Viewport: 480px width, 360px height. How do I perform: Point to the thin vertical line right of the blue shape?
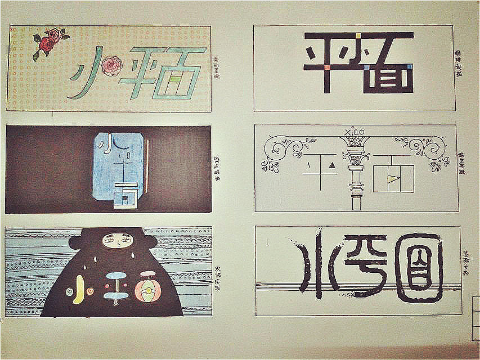click(148, 160)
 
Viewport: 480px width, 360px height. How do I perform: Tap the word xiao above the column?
click(353, 132)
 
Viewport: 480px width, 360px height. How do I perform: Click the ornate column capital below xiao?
click(354, 153)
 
